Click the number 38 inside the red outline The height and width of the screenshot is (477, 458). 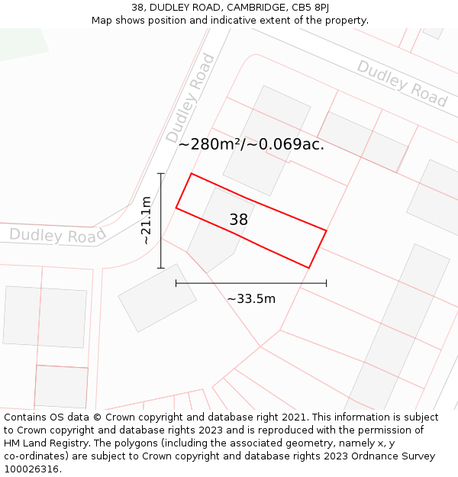pos(239,220)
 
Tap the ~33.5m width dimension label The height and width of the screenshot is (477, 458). pos(251,298)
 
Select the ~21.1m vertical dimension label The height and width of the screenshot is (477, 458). pos(147,221)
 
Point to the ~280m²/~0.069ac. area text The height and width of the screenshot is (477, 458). pos(251,143)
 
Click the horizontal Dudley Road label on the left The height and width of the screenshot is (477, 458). pos(57,235)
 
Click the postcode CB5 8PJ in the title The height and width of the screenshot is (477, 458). pos(311,7)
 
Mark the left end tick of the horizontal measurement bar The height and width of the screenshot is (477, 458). pos(176,283)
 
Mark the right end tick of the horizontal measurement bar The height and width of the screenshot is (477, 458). pos(327,283)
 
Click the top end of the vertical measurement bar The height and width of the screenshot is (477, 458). pos(161,174)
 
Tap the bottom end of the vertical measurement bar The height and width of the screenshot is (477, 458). pos(161,268)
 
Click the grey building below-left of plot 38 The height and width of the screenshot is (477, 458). pos(157,298)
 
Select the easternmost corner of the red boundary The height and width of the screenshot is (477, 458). pos(326,230)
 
